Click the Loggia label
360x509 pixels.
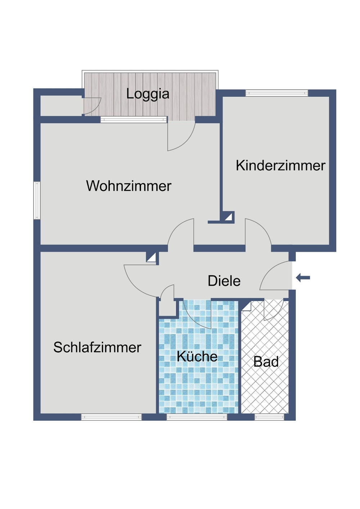pyautogui.click(x=148, y=94)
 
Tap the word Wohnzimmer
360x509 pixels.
pyautogui.click(x=129, y=186)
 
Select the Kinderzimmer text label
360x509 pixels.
pyautogui.click(x=280, y=165)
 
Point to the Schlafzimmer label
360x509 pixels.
pyautogui.click(x=97, y=347)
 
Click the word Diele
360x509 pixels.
pyautogui.click(x=224, y=281)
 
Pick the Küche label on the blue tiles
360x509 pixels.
pyautogui.click(x=197, y=356)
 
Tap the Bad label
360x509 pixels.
pyautogui.click(x=266, y=362)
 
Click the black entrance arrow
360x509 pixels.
pyautogui.click(x=303, y=277)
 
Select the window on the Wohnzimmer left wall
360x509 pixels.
pyautogui.click(x=37, y=200)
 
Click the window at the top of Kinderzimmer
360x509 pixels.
pyautogui.click(x=276, y=93)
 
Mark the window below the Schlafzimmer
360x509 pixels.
pyautogui.click(x=111, y=417)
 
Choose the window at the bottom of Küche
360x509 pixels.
pyautogui.click(x=197, y=417)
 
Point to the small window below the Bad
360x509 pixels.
pyautogui.click(x=269, y=417)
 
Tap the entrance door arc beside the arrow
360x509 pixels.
pyautogui.click(x=275, y=275)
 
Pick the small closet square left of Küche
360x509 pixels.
pyautogui.click(x=167, y=308)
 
